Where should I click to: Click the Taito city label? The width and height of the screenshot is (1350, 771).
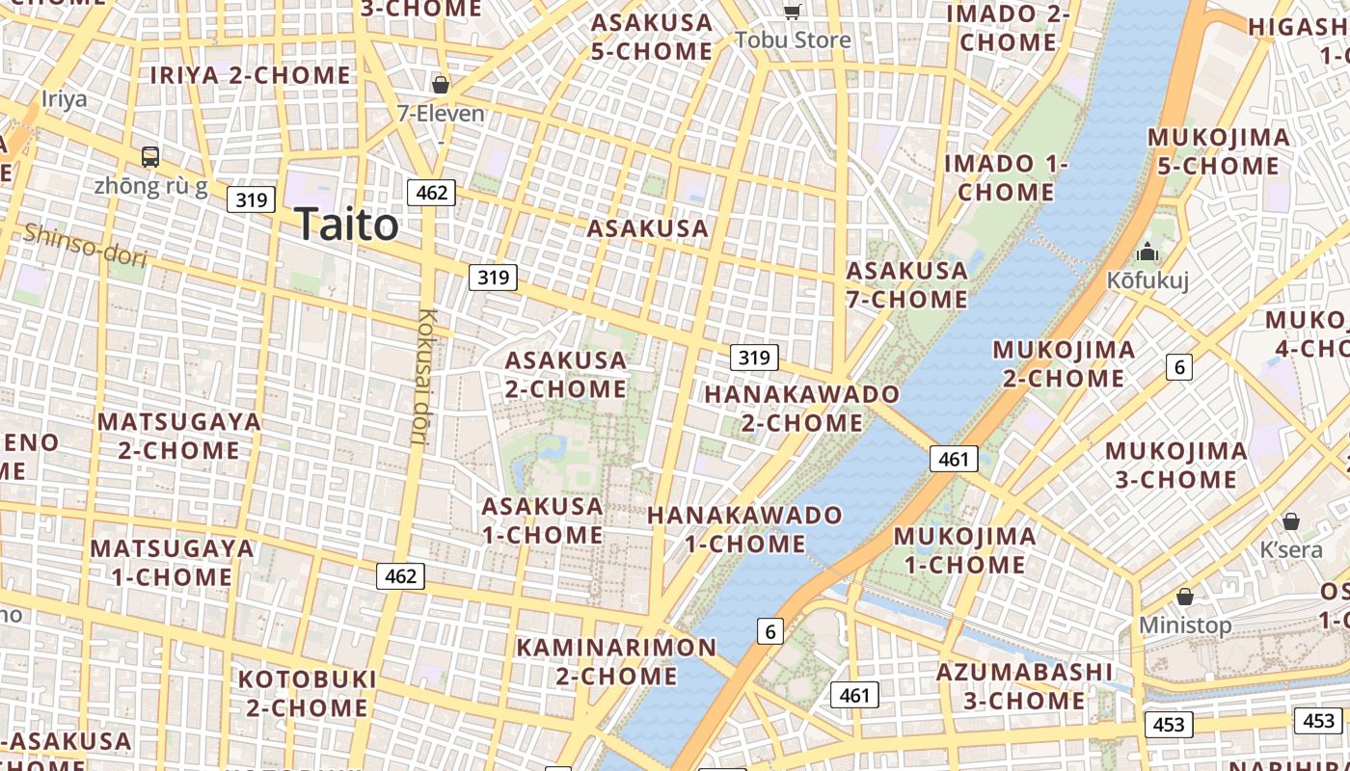346,225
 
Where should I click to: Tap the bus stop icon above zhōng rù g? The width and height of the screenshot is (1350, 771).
150,156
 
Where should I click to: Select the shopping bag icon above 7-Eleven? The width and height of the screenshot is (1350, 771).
441,85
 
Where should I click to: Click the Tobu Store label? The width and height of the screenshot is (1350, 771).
793,40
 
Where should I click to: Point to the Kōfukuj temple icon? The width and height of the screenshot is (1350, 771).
1147,253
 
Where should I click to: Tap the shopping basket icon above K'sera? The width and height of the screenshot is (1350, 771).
1291,521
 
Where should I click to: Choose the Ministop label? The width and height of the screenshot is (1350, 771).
1185,625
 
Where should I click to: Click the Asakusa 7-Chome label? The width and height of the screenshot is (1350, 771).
906,284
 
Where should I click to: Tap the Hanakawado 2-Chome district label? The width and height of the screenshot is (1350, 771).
801,408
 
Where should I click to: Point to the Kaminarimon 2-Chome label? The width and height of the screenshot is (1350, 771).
616,661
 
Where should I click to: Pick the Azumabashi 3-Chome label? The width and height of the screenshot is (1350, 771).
1024,685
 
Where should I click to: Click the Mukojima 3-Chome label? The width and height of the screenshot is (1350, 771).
1175,465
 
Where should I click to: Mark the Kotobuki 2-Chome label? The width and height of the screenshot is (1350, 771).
307,693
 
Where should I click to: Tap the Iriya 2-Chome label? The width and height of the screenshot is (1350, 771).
251,75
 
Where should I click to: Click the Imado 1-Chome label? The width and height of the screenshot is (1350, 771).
1006,177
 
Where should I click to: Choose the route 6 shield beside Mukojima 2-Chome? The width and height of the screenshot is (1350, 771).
1178,366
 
